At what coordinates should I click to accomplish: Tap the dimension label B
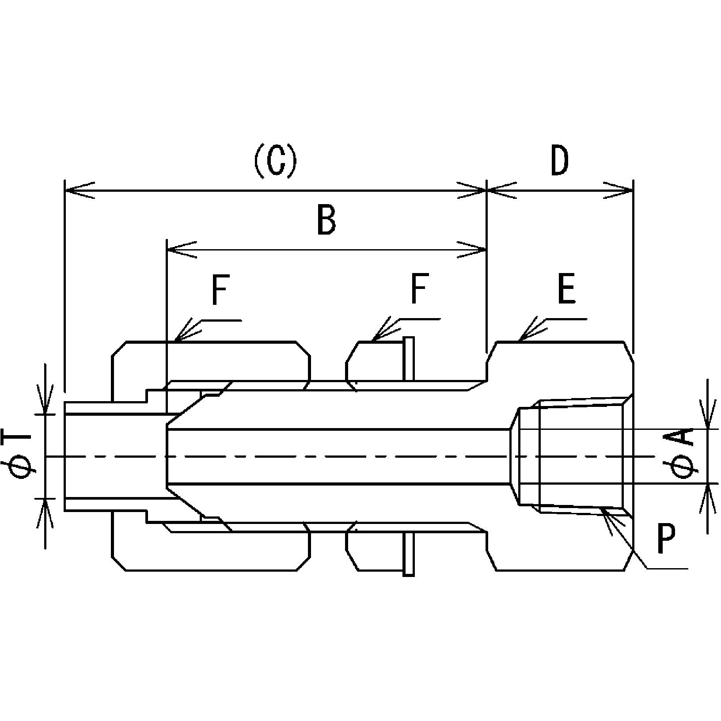[326, 220]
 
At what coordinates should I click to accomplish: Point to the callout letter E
[566, 290]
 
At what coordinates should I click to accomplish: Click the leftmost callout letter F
[220, 290]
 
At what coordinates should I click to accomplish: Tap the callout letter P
[666, 539]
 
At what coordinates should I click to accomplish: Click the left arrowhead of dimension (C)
[80, 190]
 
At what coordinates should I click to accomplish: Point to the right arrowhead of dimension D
[619, 190]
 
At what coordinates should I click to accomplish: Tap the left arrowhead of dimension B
[181, 250]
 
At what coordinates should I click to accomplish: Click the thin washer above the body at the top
[409, 358]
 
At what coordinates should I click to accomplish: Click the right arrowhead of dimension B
[472, 250]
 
